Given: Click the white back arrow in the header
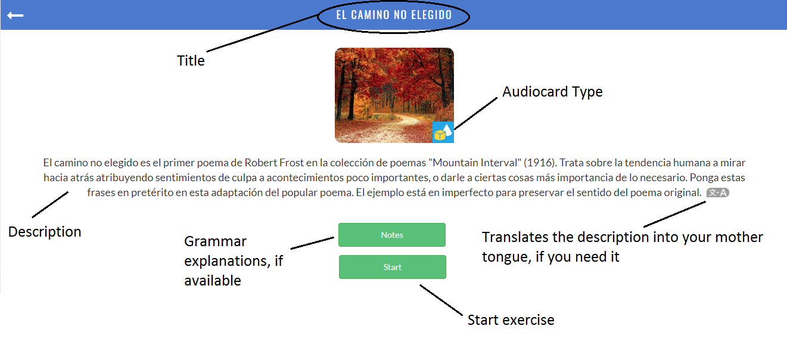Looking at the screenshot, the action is coord(15,15).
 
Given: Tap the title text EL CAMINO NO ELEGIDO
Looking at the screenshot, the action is coord(394,15).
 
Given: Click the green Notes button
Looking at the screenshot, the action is coord(392,235).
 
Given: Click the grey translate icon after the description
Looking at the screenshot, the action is coord(717,193).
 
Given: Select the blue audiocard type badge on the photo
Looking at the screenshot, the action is coord(443,132).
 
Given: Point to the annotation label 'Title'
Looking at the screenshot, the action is coord(191,60).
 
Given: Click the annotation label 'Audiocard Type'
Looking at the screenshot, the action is coord(552,92).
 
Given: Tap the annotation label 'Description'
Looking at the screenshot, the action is coord(45,232).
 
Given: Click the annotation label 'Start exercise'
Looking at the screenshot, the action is coord(511,320).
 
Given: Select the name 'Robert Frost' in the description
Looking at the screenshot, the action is coord(274,163).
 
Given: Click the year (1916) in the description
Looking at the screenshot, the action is coord(540,163).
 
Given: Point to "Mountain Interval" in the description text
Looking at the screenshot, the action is coord(475,163).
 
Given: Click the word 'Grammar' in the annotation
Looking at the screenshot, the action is coord(216,241).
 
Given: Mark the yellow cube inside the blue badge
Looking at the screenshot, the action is coord(440,135).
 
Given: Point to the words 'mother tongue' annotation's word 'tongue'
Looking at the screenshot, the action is coord(506,257).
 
